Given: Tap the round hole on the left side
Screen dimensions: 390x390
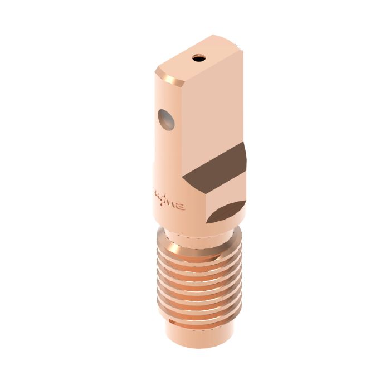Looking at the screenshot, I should pyautogui.click(x=165, y=119).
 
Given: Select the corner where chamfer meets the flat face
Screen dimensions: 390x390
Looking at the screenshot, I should pyautogui.click(x=184, y=84).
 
